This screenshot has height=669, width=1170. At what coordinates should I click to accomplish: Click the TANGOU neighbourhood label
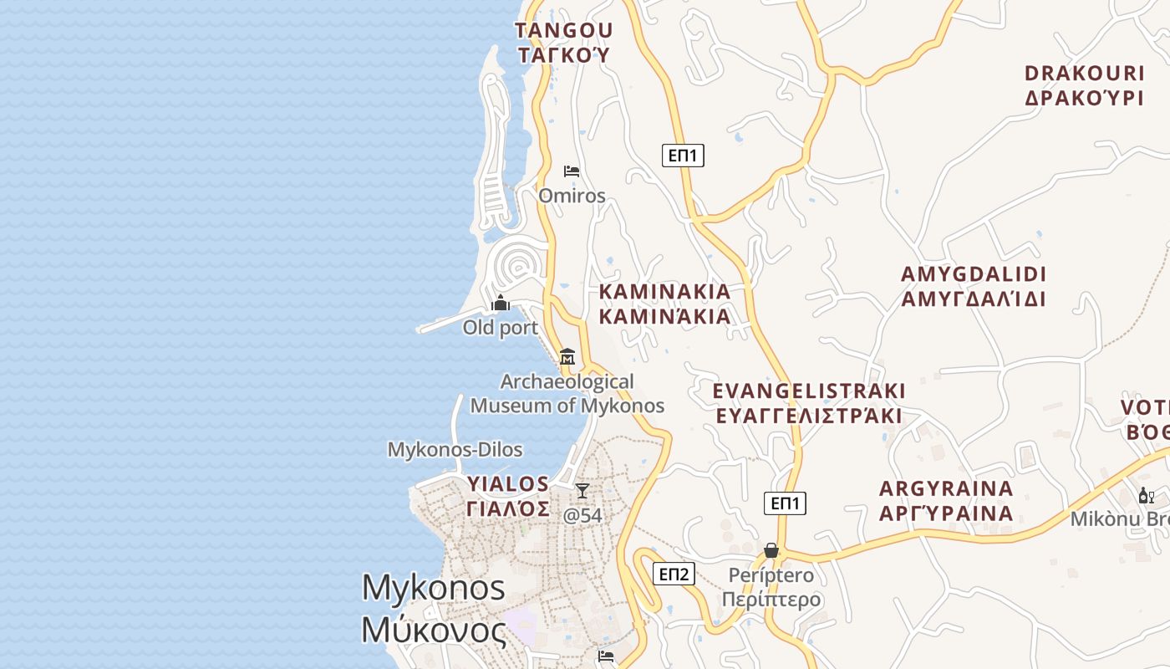click(x=564, y=43)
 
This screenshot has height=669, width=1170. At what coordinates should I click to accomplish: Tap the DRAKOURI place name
click(x=1084, y=84)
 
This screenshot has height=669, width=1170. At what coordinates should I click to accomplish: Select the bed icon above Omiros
click(x=572, y=171)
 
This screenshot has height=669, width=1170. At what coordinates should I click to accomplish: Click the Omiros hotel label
click(x=572, y=196)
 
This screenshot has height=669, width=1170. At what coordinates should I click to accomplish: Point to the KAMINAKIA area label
click(x=665, y=304)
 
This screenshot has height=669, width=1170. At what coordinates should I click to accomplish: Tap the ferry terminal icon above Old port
click(x=501, y=303)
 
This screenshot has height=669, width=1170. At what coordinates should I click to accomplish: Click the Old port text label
click(x=501, y=327)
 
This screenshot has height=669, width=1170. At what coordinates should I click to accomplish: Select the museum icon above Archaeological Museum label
click(x=567, y=356)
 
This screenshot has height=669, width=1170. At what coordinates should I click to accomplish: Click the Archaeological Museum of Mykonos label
click(x=567, y=394)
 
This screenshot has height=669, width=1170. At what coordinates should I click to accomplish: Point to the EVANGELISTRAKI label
click(x=809, y=403)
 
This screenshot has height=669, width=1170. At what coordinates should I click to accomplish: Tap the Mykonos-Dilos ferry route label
click(x=455, y=450)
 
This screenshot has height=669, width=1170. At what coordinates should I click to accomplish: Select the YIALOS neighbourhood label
click(x=508, y=496)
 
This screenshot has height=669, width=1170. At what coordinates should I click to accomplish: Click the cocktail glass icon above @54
click(x=582, y=491)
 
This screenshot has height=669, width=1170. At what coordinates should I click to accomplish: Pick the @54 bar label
click(x=582, y=515)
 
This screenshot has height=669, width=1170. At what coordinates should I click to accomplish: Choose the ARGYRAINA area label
click(x=946, y=500)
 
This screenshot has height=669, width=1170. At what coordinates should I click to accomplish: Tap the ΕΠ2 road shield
click(x=674, y=574)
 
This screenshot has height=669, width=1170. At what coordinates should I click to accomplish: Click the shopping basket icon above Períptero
click(x=771, y=550)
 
